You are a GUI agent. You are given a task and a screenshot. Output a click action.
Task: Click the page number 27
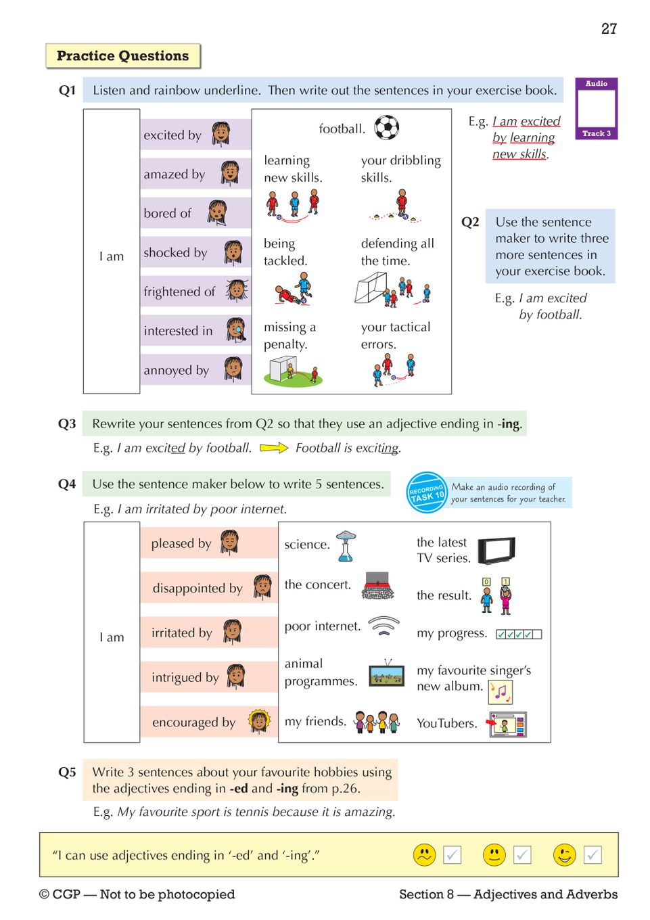(x=609, y=28)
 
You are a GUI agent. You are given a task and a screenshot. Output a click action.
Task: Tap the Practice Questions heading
(x=123, y=56)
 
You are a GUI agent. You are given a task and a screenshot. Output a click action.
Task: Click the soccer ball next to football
(x=387, y=127)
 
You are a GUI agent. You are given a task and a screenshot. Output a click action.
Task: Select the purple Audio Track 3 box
(x=596, y=108)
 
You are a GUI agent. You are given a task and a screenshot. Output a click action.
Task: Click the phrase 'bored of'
(x=168, y=213)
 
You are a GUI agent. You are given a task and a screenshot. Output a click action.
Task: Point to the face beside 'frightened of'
(x=237, y=291)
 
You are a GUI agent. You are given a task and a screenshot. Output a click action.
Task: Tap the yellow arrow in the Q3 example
(x=273, y=448)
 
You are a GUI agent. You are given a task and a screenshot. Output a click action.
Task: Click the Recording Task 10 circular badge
(x=426, y=492)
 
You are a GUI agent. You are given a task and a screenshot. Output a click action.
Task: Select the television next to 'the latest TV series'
(x=496, y=551)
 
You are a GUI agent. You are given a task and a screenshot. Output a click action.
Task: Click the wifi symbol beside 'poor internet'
(x=384, y=626)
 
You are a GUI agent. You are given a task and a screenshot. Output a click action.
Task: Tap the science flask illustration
(x=346, y=545)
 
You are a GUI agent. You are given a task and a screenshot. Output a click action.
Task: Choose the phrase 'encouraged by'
(x=193, y=722)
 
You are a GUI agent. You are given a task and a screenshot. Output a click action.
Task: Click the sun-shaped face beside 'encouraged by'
(x=259, y=721)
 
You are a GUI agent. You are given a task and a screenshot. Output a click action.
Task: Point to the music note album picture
(x=501, y=691)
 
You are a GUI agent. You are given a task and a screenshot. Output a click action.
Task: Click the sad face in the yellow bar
(x=425, y=855)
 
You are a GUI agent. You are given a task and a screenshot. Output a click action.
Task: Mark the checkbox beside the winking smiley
(x=593, y=855)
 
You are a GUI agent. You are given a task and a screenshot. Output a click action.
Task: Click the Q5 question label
(x=67, y=772)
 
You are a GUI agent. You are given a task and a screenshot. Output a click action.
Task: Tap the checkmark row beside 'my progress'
(x=519, y=634)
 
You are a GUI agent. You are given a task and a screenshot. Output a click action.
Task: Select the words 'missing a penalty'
(x=289, y=336)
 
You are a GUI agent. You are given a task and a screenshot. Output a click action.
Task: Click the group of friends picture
(x=377, y=722)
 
